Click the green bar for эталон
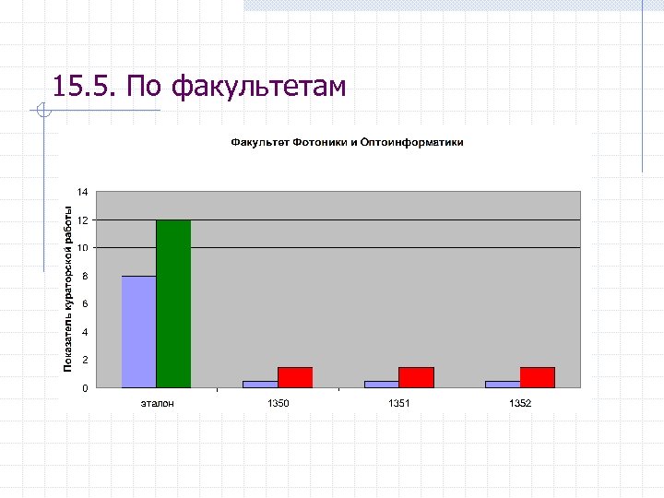point(173,303)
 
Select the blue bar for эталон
point(138,331)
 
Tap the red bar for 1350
point(295,377)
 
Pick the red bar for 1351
point(416,377)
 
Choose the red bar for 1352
point(538,377)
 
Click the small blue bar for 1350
point(260,384)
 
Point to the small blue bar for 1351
point(381,384)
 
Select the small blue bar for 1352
point(503,384)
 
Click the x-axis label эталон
point(157,404)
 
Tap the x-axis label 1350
point(278,404)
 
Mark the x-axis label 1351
point(398,404)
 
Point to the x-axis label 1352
point(520,404)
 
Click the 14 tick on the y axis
point(83,192)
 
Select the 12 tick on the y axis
point(83,220)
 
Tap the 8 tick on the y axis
point(85,276)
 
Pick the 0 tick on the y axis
point(85,387)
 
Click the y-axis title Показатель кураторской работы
point(67,289)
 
